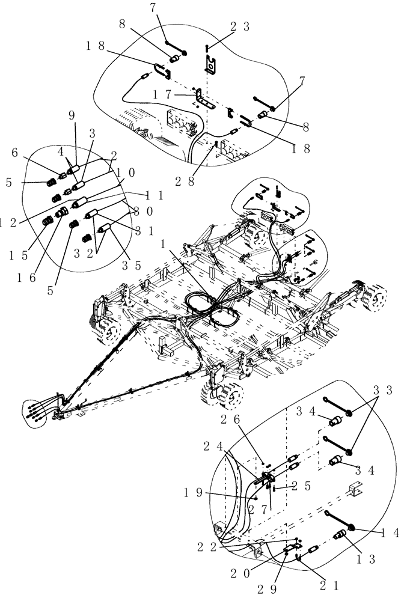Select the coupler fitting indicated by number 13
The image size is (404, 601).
tap(342, 534)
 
